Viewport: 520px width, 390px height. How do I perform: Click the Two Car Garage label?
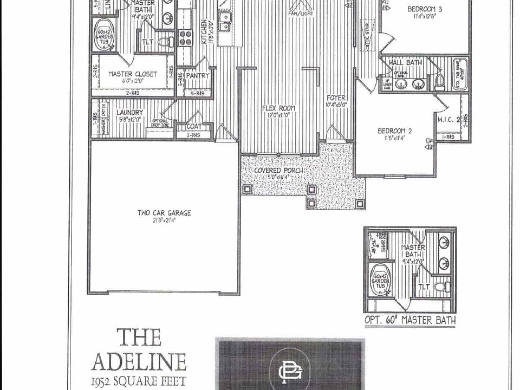point(164,213)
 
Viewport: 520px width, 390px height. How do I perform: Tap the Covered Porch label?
point(278,171)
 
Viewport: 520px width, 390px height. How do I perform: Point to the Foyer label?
point(336,98)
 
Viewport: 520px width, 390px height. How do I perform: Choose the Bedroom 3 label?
point(425,9)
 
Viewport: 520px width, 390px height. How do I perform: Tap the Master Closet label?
point(133,74)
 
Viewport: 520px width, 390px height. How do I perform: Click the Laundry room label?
point(129,112)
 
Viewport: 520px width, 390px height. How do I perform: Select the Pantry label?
point(197,76)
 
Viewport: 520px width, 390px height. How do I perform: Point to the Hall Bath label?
point(405,63)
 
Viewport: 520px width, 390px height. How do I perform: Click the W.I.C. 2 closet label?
point(448,119)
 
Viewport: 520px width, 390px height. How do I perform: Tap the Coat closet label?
point(194,127)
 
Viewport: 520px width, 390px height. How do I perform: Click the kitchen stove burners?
point(186,37)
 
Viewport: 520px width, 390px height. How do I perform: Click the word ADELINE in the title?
point(139,362)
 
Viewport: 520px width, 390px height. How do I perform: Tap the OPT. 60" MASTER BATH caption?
point(410,320)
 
